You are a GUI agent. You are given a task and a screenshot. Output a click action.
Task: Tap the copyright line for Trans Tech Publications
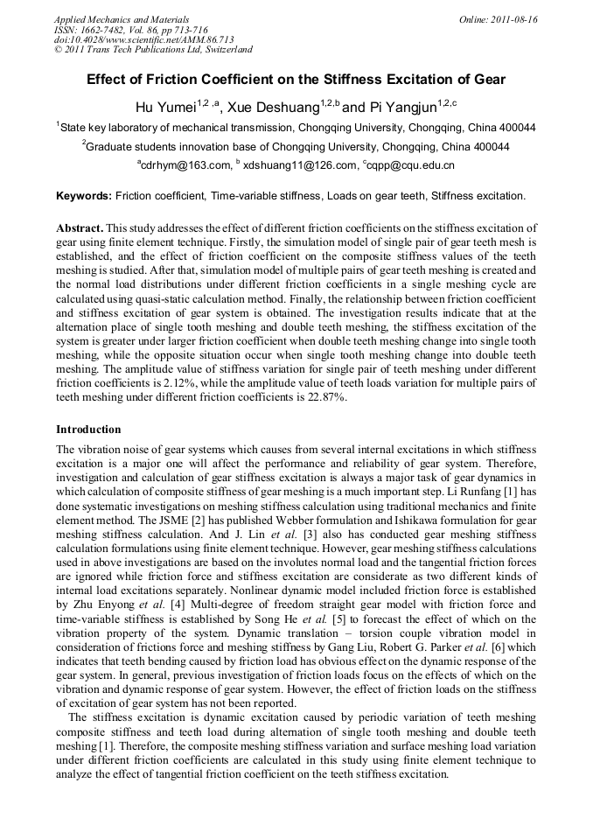pos(153,50)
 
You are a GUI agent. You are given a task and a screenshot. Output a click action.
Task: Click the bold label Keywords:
pos(84,195)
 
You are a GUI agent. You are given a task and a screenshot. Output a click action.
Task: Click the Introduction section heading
pos(88,430)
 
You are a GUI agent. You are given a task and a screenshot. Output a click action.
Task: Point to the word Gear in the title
pos(489,80)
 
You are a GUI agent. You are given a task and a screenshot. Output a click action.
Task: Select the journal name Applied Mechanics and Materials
pos(121,19)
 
